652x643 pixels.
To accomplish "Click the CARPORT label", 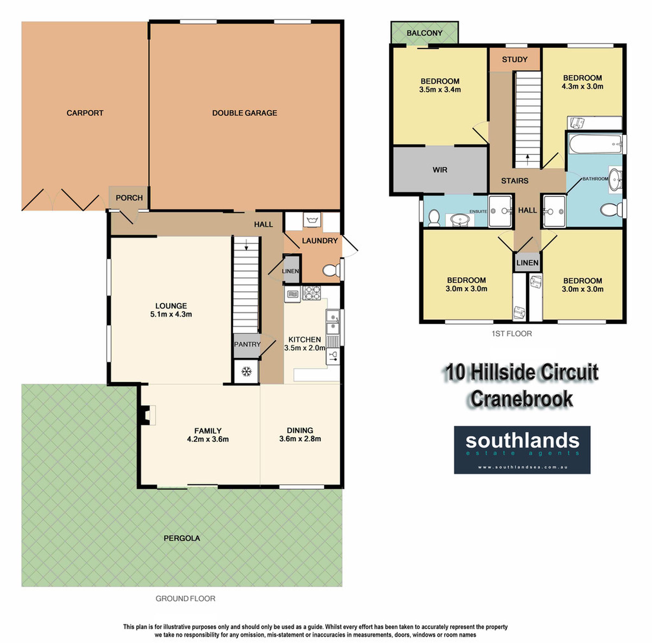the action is pos(85,113).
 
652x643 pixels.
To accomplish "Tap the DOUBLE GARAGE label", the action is pos(245,113).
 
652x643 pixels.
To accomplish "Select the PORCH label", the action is pos(129,198).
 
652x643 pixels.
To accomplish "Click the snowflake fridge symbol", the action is pos(247,372).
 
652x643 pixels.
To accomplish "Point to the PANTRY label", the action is pos(247,344).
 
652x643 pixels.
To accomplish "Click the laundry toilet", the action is pos(331,270).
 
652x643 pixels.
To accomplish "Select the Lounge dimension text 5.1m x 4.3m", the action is pos(171,314).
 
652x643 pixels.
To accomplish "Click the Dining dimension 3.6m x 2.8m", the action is pos(300,439).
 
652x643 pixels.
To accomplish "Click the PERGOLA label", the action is pos(182,538).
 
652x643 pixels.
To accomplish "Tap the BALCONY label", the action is pos(425,33).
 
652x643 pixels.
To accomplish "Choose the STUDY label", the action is pos(515,60).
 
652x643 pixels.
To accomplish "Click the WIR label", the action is pos(440,170).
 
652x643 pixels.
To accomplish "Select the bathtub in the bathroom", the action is pos(596,144).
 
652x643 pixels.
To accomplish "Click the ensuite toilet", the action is pos(434,218).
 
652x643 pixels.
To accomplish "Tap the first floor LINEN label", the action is pos(528,263).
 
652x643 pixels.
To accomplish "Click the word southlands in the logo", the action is pos(522,441).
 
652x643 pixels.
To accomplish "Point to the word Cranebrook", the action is pos(522,399).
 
